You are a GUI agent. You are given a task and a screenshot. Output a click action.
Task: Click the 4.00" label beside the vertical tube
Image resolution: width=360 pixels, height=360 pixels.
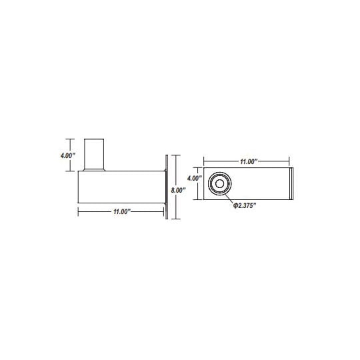tap(68, 155)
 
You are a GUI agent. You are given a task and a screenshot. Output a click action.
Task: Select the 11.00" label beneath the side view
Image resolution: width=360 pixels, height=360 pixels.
tap(122, 211)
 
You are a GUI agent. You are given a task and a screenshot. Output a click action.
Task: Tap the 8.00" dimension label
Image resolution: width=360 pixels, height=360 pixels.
tap(178, 190)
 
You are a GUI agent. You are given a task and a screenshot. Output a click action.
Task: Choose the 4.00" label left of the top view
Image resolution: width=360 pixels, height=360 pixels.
tap(195, 178)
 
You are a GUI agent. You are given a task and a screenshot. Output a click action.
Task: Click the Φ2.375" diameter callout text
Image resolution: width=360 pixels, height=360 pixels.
tap(245, 205)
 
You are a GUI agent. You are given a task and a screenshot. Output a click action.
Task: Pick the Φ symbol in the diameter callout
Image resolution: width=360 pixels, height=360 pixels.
tap(235, 205)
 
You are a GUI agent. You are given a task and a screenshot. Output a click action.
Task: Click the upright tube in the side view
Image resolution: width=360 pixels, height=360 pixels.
tap(94, 154)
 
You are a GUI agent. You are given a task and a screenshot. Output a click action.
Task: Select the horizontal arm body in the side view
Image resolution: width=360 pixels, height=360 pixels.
tap(122, 187)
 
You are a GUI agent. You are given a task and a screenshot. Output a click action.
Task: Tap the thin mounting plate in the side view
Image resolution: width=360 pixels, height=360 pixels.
tap(167, 187)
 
